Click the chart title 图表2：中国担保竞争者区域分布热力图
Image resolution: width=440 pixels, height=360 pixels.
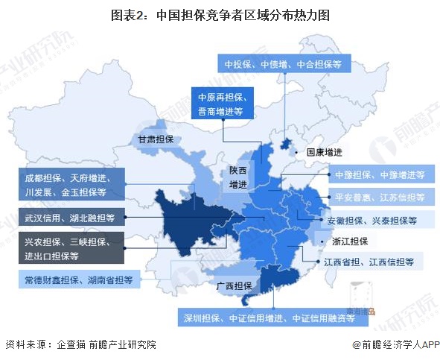tap(220, 14)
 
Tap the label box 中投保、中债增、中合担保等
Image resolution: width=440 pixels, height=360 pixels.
tap(284, 65)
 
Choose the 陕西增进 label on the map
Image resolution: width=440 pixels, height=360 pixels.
tap(237, 177)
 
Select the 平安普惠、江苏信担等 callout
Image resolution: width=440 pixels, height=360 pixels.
tap(380, 198)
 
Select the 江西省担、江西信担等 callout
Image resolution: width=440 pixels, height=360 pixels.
tap(369, 262)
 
